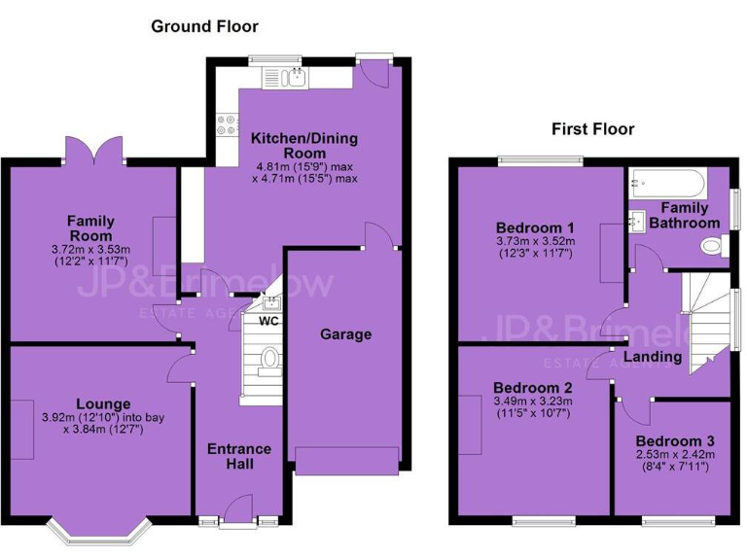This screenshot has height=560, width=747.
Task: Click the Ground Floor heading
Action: (204, 26)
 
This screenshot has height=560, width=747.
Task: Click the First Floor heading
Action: (592, 128)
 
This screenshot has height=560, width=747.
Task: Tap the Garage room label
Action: (346, 334)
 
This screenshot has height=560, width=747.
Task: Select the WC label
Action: (268, 321)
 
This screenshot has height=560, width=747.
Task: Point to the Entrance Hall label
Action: (239, 457)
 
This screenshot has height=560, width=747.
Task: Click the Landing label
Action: (652, 357)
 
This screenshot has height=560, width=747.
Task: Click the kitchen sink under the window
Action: (294, 78)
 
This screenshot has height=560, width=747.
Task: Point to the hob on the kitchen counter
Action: (226, 125)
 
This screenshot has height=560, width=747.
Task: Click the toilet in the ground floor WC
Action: (269, 362)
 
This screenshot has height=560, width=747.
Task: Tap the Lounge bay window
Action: (100, 534)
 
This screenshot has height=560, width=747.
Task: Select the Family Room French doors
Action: (95, 150)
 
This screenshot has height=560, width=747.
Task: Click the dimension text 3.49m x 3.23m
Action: (532, 401)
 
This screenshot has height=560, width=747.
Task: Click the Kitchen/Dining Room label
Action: (290, 147)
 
